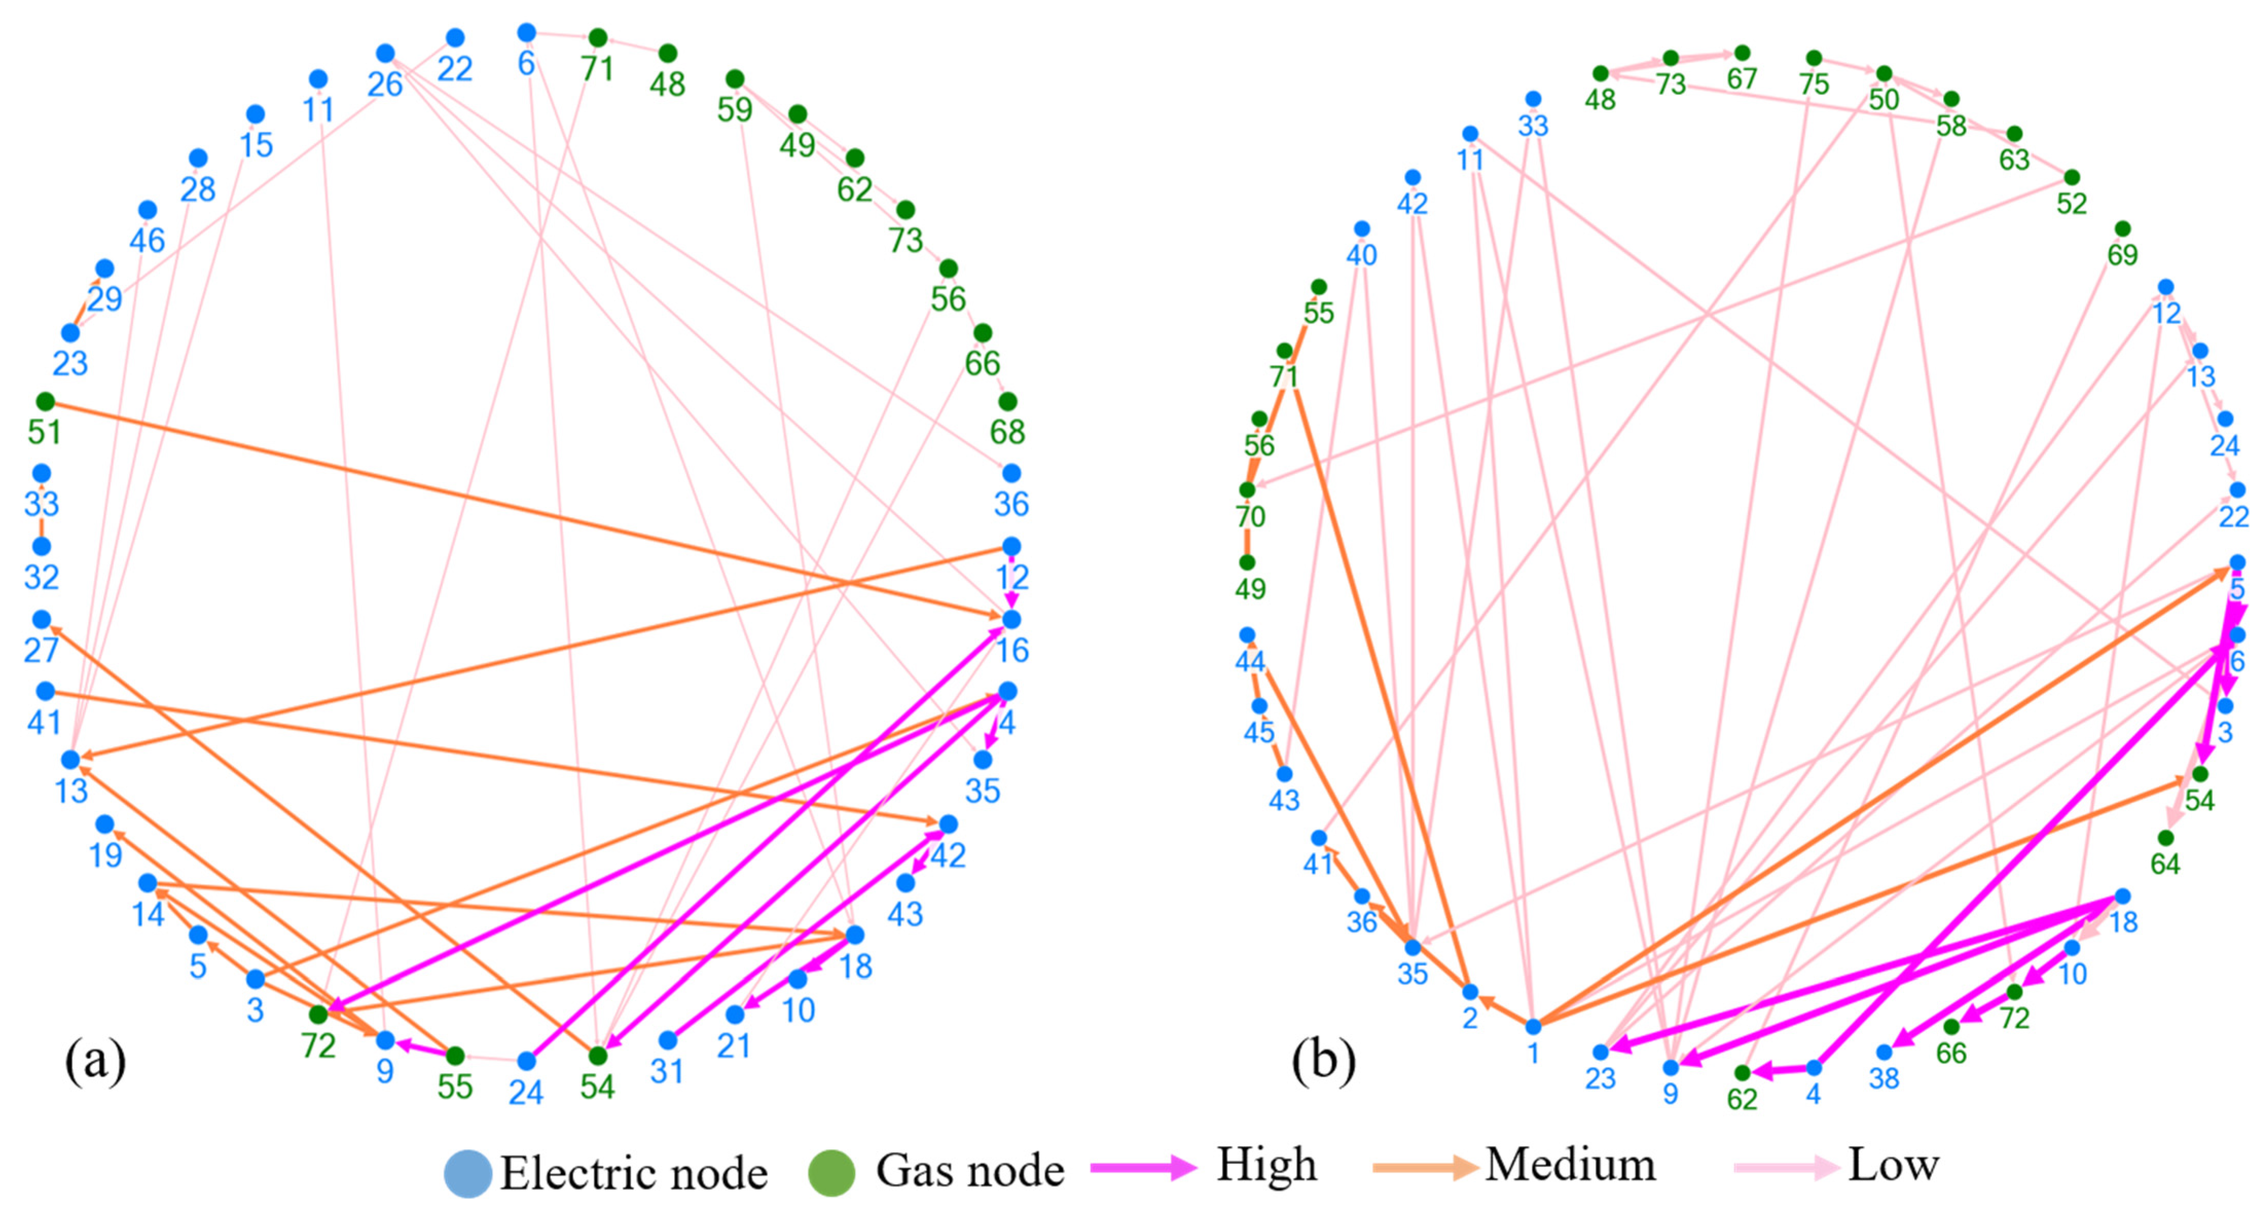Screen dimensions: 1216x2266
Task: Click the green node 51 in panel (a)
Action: click(x=45, y=402)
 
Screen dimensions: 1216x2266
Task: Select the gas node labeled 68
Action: click(x=1007, y=402)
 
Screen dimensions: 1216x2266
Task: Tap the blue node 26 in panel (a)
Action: click(x=385, y=53)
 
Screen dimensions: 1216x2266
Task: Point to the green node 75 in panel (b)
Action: click(x=1814, y=58)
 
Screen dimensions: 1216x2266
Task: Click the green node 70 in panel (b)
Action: click(x=1247, y=490)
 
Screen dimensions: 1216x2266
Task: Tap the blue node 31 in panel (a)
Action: click(x=668, y=1040)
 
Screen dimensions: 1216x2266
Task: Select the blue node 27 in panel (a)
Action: click(x=41, y=620)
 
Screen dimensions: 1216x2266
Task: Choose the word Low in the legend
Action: click(x=1893, y=1165)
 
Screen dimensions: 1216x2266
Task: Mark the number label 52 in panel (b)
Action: click(x=2072, y=204)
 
